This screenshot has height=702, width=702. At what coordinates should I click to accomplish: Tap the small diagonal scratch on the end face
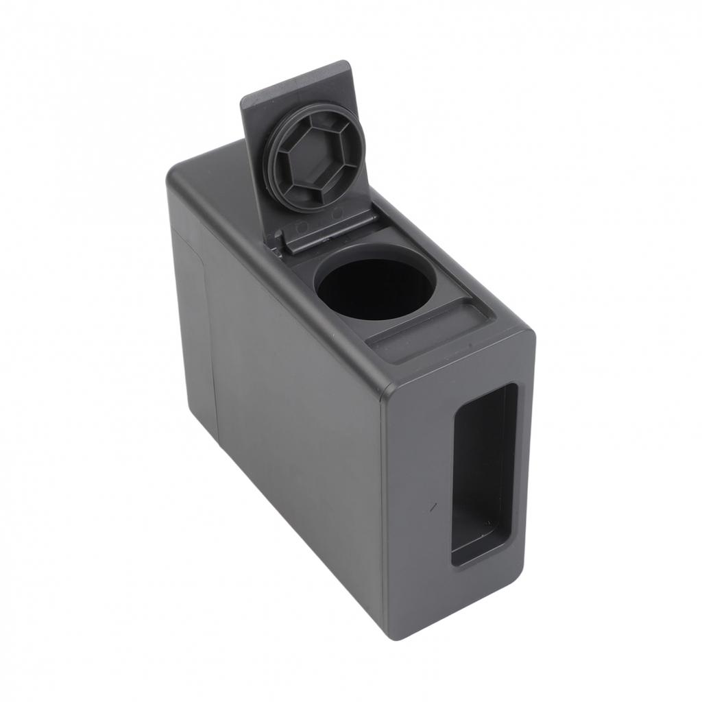tap(433, 507)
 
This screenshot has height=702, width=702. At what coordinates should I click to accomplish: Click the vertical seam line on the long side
tap(215, 343)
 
